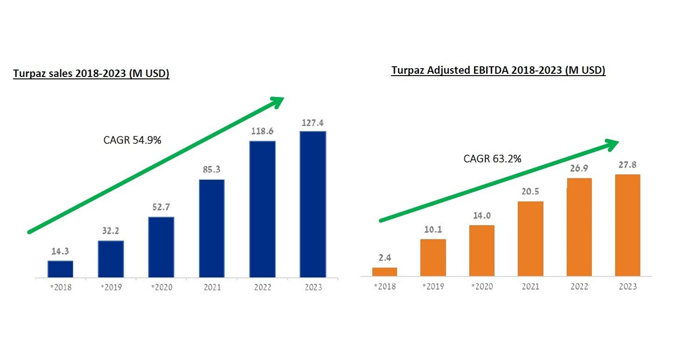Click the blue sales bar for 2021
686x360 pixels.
pos(212,228)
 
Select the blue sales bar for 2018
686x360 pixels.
pos(60,269)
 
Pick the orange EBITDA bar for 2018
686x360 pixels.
pos(384,271)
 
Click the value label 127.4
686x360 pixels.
pos(312,123)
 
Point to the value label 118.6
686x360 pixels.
pos(262,131)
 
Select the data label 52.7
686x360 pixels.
pos(161,207)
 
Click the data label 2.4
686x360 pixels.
pos(384,258)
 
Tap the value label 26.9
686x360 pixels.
pos(579,168)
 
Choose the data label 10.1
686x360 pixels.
pos(432,229)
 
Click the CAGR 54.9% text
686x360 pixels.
pos(132,140)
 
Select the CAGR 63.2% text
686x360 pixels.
pos(492,159)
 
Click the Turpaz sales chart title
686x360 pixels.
pos(91,74)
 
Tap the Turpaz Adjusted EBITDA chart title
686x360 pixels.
pos(498,71)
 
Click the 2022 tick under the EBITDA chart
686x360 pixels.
pos(579,286)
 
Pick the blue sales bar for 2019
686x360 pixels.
pos(111,259)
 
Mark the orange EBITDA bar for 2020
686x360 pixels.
pos(481,251)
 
